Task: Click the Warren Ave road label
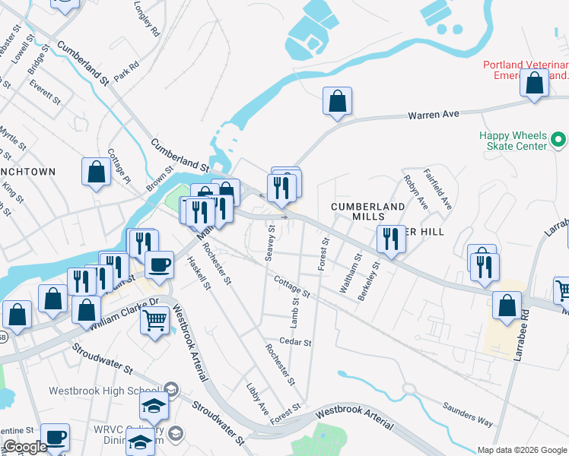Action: (x=434, y=114)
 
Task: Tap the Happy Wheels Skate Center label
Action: (x=513, y=141)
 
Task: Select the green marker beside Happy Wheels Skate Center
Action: (x=558, y=140)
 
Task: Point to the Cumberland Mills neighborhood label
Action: (x=367, y=211)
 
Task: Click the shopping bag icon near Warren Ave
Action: (x=337, y=101)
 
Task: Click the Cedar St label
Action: (x=295, y=343)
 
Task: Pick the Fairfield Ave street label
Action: (x=438, y=189)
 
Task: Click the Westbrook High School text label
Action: (x=103, y=391)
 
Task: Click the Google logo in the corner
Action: (x=25, y=447)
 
